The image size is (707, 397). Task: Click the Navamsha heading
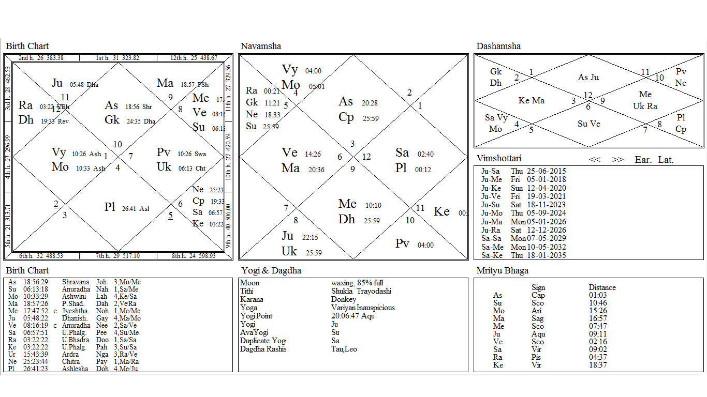[x=261, y=47]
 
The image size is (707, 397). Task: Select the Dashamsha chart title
[x=498, y=47]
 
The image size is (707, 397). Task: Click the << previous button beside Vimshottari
[x=595, y=160]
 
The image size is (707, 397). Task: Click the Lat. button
[x=666, y=160]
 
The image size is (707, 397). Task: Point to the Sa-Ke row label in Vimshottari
[x=490, y=255]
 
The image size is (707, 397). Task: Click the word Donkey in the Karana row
[x=344, y=299]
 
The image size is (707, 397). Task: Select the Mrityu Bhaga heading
[x=503, y=271]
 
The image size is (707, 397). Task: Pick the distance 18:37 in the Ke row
[x=598, y=365]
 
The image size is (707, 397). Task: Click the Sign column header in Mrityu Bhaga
[x=538, y=287]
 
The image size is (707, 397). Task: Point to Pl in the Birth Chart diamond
[x=110, y=207]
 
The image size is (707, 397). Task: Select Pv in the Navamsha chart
[x=402, y=243]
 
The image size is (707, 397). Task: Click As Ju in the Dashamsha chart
[x=588, y=78]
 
